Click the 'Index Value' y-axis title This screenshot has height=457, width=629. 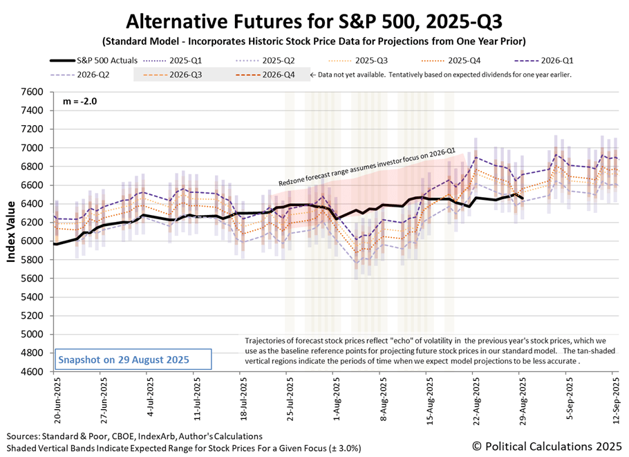[12, 232]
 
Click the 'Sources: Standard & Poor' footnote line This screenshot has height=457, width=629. [135, 436]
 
